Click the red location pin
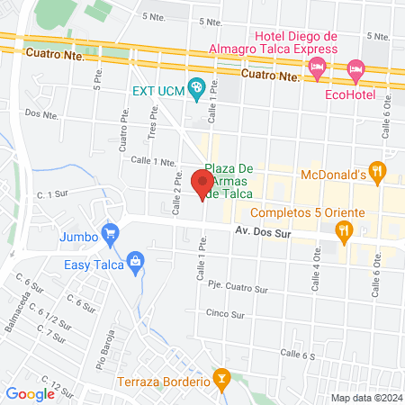pos(201,177)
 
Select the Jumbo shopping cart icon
pos(111,234)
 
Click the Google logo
pos(31,393)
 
